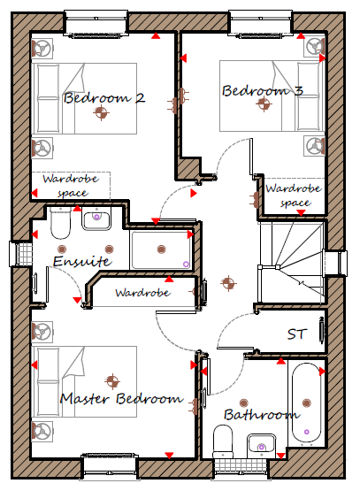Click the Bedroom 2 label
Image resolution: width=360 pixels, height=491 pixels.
104,97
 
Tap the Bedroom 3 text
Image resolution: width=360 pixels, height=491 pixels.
263,90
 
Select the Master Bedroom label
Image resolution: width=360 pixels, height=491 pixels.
121,399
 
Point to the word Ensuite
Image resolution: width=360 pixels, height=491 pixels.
82,261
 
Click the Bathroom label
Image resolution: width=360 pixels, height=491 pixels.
262,415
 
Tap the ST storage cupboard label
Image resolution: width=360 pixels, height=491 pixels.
295,334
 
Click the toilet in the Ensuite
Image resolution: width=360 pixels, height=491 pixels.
60,223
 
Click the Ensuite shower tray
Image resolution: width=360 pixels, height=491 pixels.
161,249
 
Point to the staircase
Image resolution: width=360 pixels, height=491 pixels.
290,263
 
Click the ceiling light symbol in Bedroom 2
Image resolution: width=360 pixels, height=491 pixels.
101,112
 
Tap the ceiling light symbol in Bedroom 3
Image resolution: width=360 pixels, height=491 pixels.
264,104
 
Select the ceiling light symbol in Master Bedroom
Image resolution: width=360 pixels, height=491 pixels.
112,381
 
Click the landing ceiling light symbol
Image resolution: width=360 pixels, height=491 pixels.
228,283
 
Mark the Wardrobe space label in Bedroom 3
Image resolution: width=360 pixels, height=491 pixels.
294,196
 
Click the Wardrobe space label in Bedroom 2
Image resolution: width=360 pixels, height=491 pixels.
71,186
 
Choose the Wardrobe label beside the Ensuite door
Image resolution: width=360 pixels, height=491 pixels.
142,293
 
